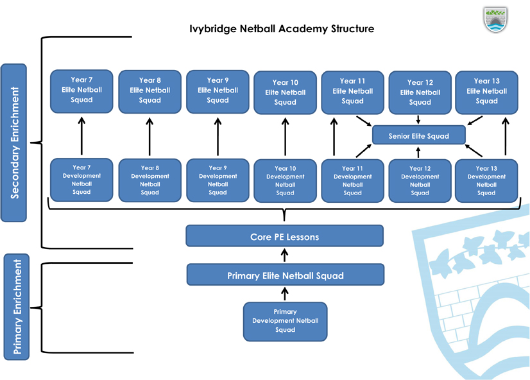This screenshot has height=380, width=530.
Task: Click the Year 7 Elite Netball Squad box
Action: [81, 91]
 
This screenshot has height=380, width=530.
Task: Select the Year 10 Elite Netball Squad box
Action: [285, 92]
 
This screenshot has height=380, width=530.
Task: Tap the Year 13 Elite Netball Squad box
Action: [486, 91]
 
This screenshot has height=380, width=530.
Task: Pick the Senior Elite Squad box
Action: [418, 135]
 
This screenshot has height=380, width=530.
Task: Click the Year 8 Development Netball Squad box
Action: [150, 180]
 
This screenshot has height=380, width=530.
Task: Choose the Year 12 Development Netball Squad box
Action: [420, 180]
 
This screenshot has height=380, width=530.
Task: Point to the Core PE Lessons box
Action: [284, 236]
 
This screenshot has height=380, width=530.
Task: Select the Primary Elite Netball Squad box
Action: [285, 275]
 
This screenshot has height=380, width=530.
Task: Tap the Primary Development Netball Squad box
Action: [285, 321]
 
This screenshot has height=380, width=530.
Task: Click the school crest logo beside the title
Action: [495, 20]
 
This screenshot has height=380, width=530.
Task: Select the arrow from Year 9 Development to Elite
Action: [218, 136]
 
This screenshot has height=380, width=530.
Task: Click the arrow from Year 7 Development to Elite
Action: [81, 136]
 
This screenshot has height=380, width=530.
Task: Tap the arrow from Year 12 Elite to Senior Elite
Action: [418, 120]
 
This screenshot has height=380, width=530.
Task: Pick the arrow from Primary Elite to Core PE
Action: [285, 255]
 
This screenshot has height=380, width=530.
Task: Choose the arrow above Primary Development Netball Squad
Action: [285, 294]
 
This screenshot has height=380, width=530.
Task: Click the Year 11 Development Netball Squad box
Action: [352, 180]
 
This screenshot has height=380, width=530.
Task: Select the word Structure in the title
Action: [352, 29]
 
